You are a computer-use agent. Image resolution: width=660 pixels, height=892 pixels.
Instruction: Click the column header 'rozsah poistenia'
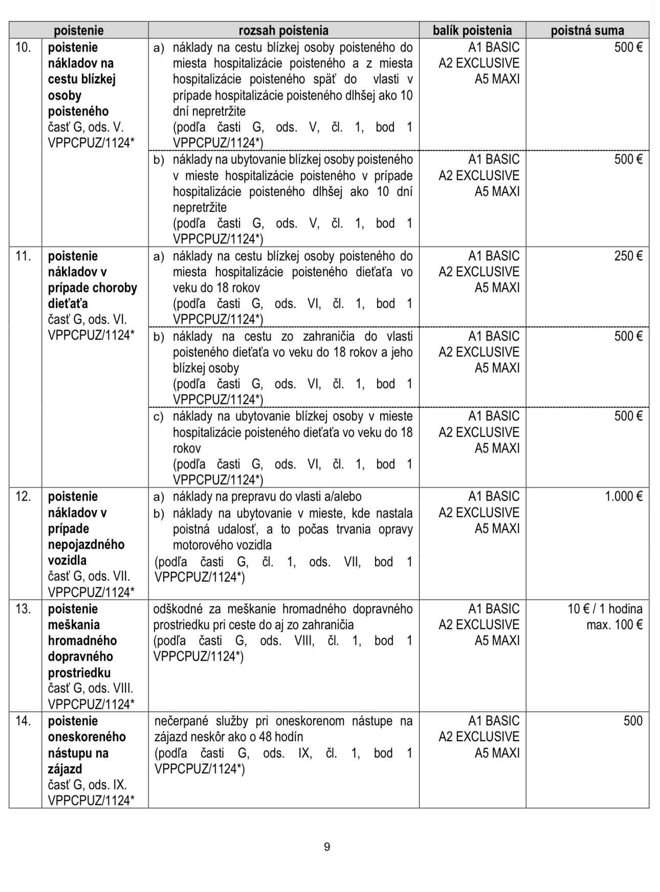click(x=283, y=30)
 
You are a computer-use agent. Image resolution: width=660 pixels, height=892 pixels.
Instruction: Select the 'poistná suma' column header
click(x=587, y=30)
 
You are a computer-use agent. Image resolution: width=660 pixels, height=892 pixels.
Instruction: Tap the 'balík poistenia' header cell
click(x=472, y=30)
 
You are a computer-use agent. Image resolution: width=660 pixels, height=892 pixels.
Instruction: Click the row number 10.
click(x=24, y=48)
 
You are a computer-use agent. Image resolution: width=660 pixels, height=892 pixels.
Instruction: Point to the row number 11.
click(x=24, y=256)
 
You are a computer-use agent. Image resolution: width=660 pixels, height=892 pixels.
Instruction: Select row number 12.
click(x=24, y=496)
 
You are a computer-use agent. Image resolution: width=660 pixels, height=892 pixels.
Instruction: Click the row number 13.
click(x=24, y=609)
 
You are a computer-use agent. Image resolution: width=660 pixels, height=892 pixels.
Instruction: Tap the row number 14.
click(x=24, y=721)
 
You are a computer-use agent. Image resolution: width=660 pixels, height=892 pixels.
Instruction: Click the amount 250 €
click(x=628, y=256)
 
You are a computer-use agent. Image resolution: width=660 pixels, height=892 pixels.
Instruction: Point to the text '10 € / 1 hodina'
click(x=605, y=609)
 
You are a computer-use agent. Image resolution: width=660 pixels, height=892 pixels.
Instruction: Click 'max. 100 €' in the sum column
click(x=614, y=625)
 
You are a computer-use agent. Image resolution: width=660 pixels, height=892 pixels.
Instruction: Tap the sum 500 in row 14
click(x=632, y=721)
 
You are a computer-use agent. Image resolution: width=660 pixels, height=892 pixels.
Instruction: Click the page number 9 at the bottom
click(x=327, y=847)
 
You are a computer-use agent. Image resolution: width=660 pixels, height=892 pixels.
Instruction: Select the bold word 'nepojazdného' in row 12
click(x=86, y=544)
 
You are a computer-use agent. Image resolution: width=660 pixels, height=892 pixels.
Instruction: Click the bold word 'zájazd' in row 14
click(x=65, y=769)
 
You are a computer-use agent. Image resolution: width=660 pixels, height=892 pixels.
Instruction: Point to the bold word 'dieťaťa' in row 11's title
click(x=68, y=304)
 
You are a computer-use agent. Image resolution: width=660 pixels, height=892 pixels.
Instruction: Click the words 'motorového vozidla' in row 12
click(x=222, y=545)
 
